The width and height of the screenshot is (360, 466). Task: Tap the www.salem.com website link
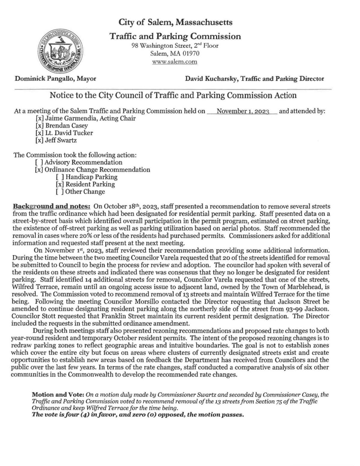point(175,62)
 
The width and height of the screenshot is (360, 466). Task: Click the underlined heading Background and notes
point(51,207)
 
